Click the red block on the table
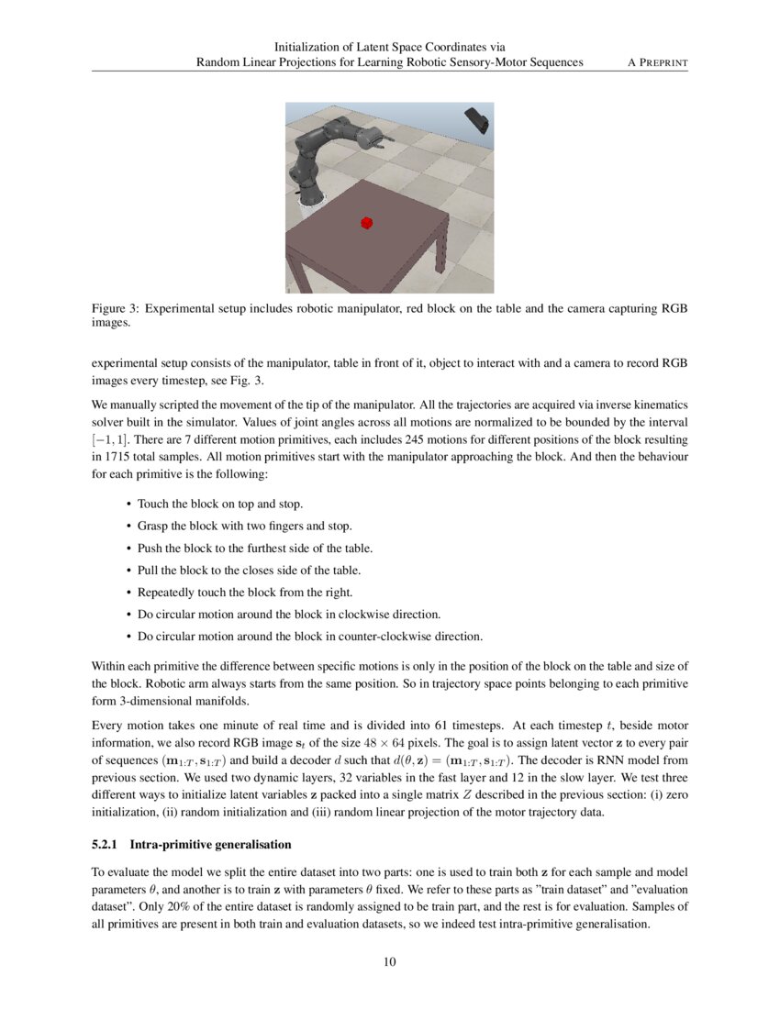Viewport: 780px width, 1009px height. pos(367,222)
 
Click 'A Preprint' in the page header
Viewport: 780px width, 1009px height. pos(657,62)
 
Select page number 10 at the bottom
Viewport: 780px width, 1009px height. pos(389,961)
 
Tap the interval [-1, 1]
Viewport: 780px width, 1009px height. pos(109,442)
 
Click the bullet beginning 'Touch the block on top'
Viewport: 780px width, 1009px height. pos(220,504)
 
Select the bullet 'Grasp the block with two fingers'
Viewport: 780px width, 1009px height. pos(244,526)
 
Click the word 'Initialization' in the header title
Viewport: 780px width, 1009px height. pos(313,46)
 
